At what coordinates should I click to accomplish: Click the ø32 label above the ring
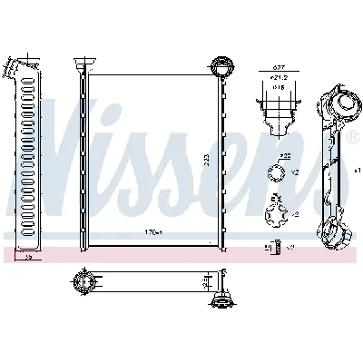[284, 157]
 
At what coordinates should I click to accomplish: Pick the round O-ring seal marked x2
[273, 173]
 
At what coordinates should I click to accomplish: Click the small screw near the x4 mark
[268, 246]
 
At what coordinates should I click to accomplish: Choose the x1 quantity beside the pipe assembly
[357, 170]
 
